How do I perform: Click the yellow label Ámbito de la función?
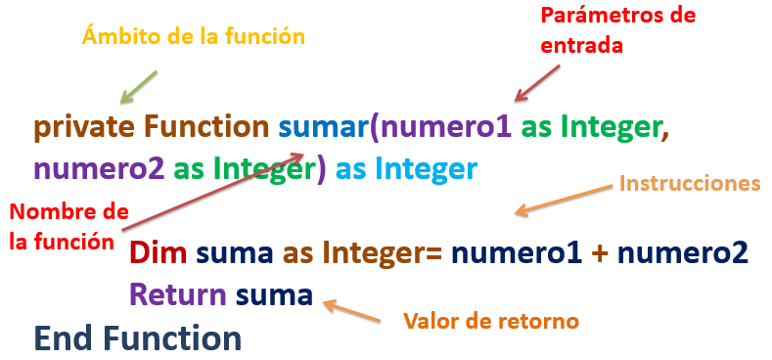tap(194, 37)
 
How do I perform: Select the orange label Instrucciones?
tap(690, 183)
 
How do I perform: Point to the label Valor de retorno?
tap(491, 320)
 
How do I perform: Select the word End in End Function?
tap(66, 337)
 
